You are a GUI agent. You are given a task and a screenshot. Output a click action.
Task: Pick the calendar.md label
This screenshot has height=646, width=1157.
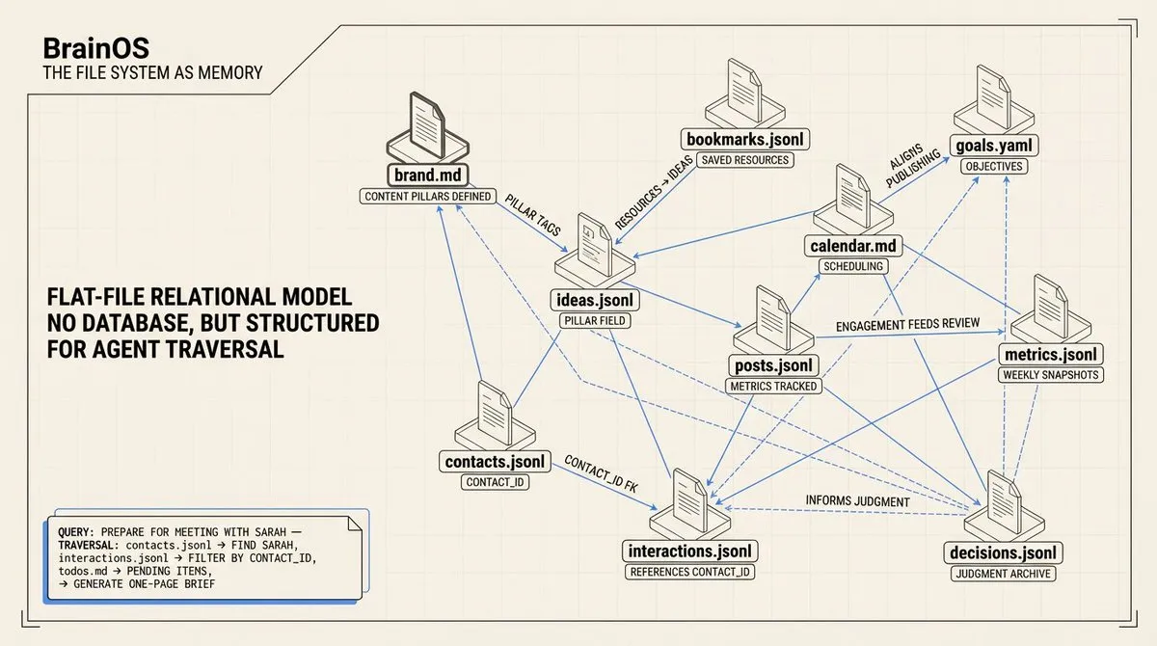point(853,246)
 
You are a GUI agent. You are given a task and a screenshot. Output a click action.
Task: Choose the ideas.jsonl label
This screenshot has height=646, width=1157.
point(595,300)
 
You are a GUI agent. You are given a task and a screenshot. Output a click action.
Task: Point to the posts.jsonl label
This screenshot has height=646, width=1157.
point(774,365)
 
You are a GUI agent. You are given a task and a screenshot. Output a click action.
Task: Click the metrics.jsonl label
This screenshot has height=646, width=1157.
point(1050,354)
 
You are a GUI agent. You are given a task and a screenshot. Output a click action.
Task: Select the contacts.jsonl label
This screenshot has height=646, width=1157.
point(496,461)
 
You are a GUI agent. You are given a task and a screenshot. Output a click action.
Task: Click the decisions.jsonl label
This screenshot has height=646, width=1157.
point(1003,552)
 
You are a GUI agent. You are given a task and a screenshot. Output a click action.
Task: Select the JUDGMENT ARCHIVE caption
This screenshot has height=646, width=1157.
point(1003,574)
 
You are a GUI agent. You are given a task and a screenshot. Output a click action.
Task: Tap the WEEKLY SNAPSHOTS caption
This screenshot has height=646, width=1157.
point(1050,374)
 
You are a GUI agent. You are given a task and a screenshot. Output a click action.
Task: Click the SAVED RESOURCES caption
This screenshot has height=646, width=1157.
point(744,159)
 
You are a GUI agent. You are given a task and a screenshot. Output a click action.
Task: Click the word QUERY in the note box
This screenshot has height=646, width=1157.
point(76,531)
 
